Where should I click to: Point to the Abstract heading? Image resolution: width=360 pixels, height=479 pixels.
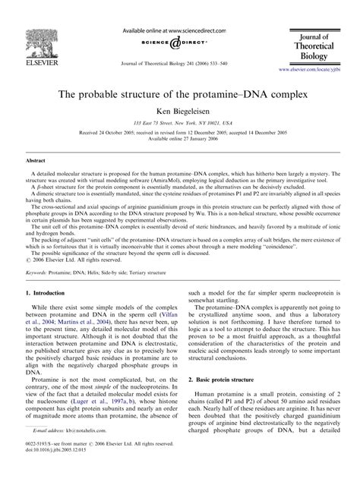coord(36,161)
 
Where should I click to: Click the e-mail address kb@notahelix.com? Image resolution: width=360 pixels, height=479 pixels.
coord(79,450)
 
